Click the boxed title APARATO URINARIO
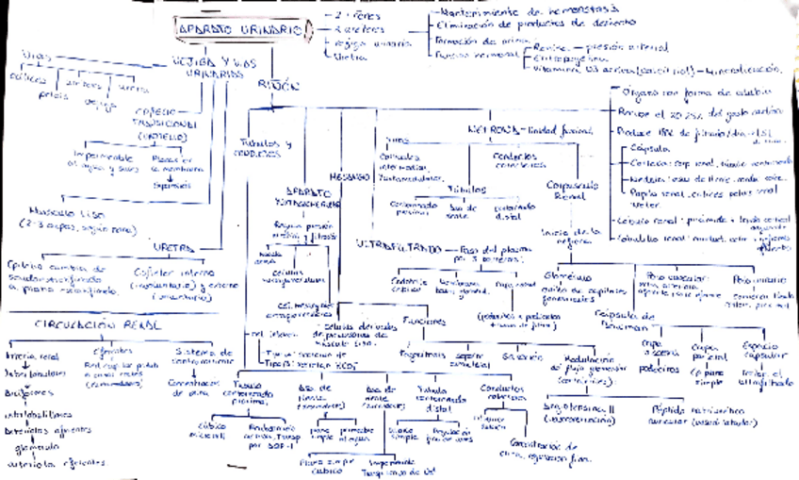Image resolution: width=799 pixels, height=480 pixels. tap(240, 30)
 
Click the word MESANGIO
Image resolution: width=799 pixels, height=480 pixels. tap(346, 176)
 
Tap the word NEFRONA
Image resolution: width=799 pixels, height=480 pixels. tap(489, 128)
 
